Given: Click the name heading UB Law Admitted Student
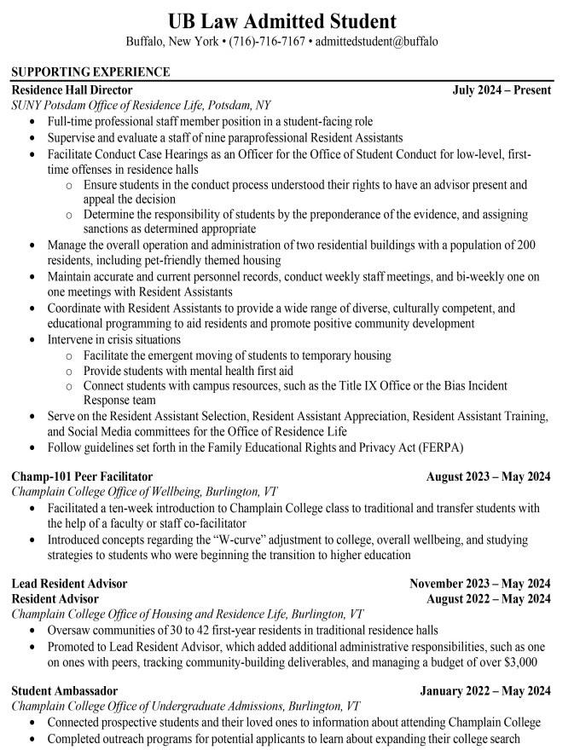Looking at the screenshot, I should (281, 20).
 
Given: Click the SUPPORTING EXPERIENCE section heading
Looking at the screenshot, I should (90, 72).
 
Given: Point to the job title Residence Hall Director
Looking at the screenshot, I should (72, 89).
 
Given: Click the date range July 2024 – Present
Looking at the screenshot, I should (502, 89).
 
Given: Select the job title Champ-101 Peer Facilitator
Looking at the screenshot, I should (82, 476).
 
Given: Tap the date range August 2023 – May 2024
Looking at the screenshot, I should (488, 476).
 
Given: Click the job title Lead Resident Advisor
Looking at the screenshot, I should (69, 584).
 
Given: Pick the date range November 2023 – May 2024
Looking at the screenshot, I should (479, 584).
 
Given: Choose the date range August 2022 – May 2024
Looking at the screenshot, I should (488, 599).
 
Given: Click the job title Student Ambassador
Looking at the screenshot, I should (64, 691).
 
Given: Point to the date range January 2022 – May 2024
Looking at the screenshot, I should (484, 691).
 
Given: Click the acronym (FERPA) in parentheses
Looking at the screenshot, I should (439, 447).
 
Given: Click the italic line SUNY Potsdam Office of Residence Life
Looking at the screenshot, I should (141, 105).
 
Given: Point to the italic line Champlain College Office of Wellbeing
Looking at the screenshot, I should (143, 492).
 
